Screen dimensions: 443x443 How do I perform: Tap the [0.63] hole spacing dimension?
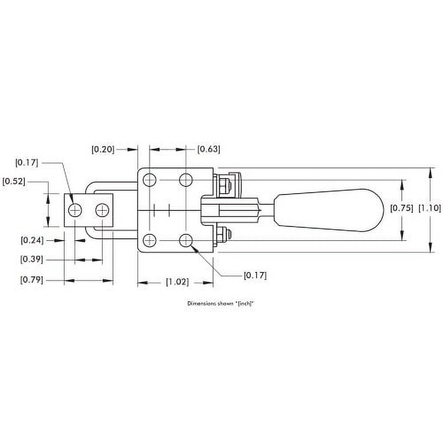208,149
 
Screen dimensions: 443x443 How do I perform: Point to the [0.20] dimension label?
103,149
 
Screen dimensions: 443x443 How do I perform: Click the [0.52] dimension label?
13,182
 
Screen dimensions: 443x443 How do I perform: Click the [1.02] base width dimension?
177,282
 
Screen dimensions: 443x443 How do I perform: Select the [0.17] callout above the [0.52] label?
27,163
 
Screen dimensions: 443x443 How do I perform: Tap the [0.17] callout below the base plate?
255,276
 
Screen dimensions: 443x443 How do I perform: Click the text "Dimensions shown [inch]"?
222,304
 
